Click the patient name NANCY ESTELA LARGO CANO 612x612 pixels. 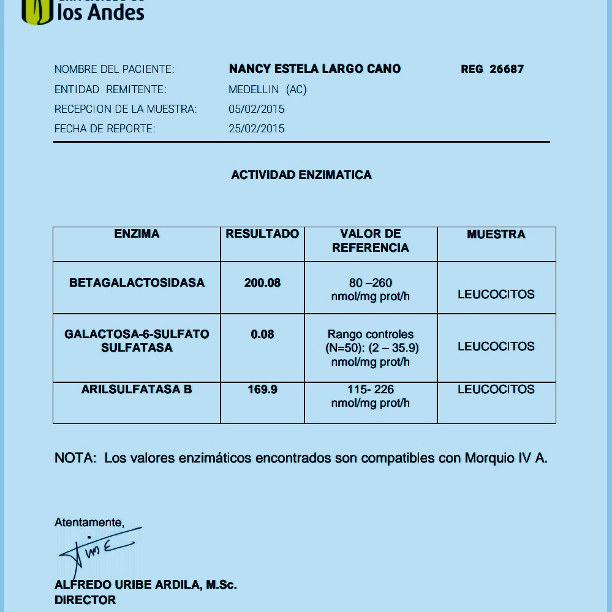[315, 69]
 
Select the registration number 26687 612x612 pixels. [507, 69]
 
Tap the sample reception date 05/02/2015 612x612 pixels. [257, 109]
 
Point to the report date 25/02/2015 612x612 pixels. [257, 129]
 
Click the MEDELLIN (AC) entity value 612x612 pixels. [268, 89]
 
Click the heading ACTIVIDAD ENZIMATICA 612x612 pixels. [301, 175]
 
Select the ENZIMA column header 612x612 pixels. [137, 234]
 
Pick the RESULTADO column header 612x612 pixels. [262, 234]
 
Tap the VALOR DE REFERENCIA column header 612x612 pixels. [371, 241]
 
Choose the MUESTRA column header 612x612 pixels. [496, 235]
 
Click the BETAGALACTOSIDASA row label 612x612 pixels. [137, 283]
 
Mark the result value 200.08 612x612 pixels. [262, 283]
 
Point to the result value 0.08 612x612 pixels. [262, 334]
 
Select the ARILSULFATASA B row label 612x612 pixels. [137, 390]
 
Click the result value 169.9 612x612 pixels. [262, 390]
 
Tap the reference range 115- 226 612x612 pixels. [371, 390]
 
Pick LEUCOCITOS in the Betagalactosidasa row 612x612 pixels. [496, 295]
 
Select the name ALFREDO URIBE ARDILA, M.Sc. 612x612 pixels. [146, 585]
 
